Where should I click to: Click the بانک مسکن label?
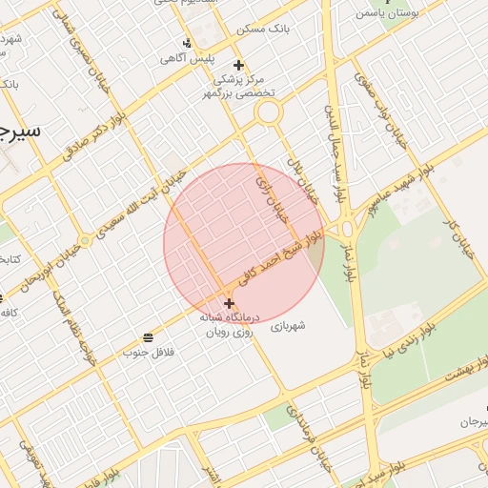point(264,30)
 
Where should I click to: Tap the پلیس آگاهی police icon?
point(187,43)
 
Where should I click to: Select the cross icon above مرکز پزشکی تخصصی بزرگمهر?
point(238,65)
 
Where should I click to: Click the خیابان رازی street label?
point(271,194)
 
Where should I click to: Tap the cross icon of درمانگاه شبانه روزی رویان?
point(229,303)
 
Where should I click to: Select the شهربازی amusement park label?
point(287,326)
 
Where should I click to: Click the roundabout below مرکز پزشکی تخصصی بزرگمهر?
point(269,112)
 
